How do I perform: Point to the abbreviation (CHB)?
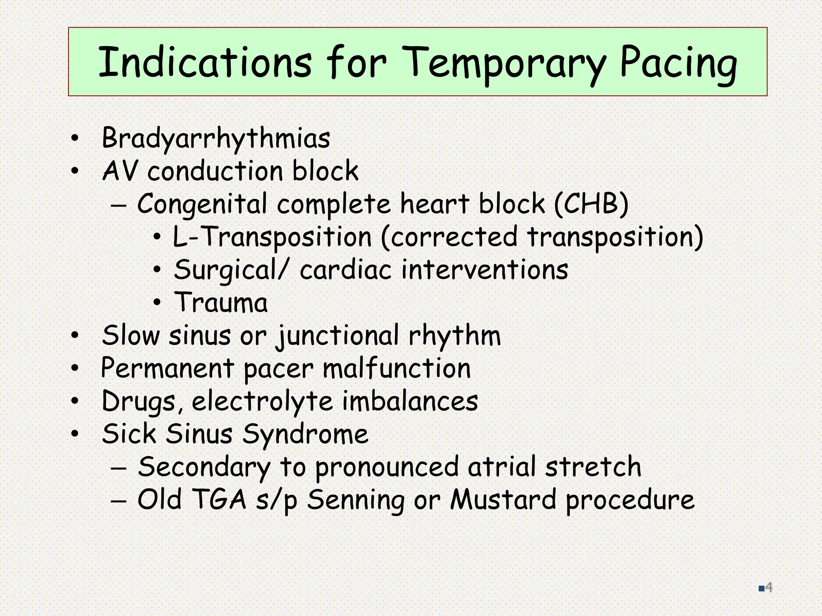pyautogui.click(x=591, y=204)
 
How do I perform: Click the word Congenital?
pyautogui.click(x=202, y=204)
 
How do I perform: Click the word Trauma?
pyautogui.click(x=221, y=302)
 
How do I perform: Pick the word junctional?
pyautogui.click(x=337, y=335)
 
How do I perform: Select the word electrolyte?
pyautogui.click(x=262, y=401)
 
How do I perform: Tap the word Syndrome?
pyautogui.click(x=305, y=434)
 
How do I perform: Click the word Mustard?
pyautogui.click(x=503, y=500)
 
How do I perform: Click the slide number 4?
pyautogui.click(x=769, y=588)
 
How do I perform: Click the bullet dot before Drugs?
pyautogui.click(x=75, y=401)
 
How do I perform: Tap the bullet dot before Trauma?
pyautogui.click(x=157, y=303)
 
